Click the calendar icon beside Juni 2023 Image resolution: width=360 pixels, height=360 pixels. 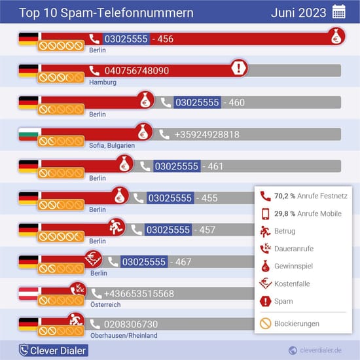tap(339, 12)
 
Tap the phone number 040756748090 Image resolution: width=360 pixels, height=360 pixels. tap(137, 71)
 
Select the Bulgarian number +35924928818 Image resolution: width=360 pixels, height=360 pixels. tap(207, 134)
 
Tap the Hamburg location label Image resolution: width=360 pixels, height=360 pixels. tap(103, 82)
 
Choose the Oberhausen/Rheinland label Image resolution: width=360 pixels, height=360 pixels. tap(124, 336)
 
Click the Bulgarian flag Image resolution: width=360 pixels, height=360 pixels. tap(28, 134)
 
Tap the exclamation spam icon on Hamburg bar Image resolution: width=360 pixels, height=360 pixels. tap(240, 67)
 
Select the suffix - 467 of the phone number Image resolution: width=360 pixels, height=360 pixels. tap(179, 262)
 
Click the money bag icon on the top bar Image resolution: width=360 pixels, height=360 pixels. tap(336, 37)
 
